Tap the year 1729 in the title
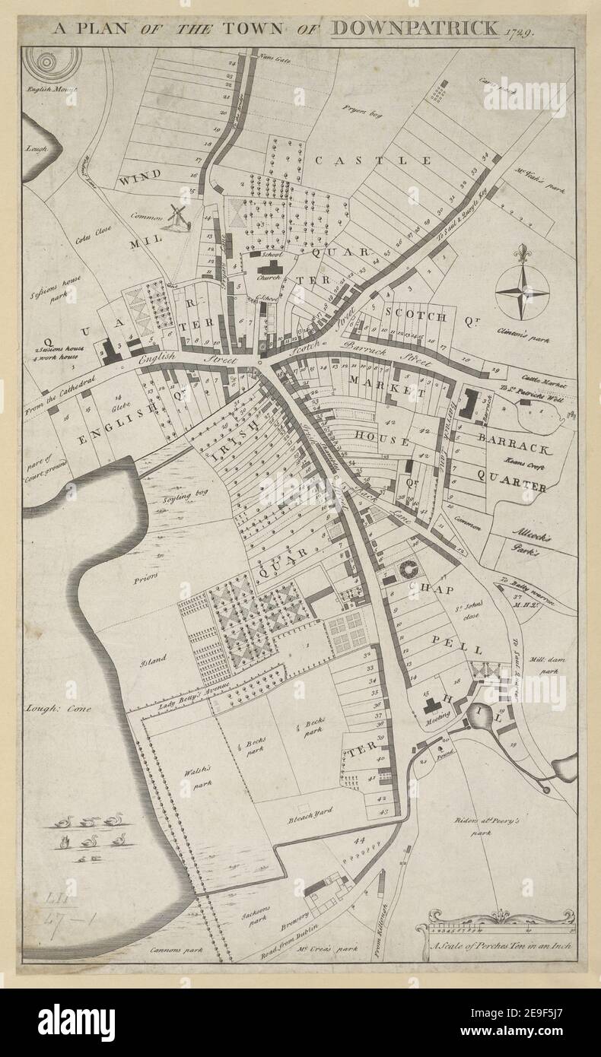[x=517, y=32]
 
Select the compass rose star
[x=522, y=290]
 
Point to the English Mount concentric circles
[x=52, y=62]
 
